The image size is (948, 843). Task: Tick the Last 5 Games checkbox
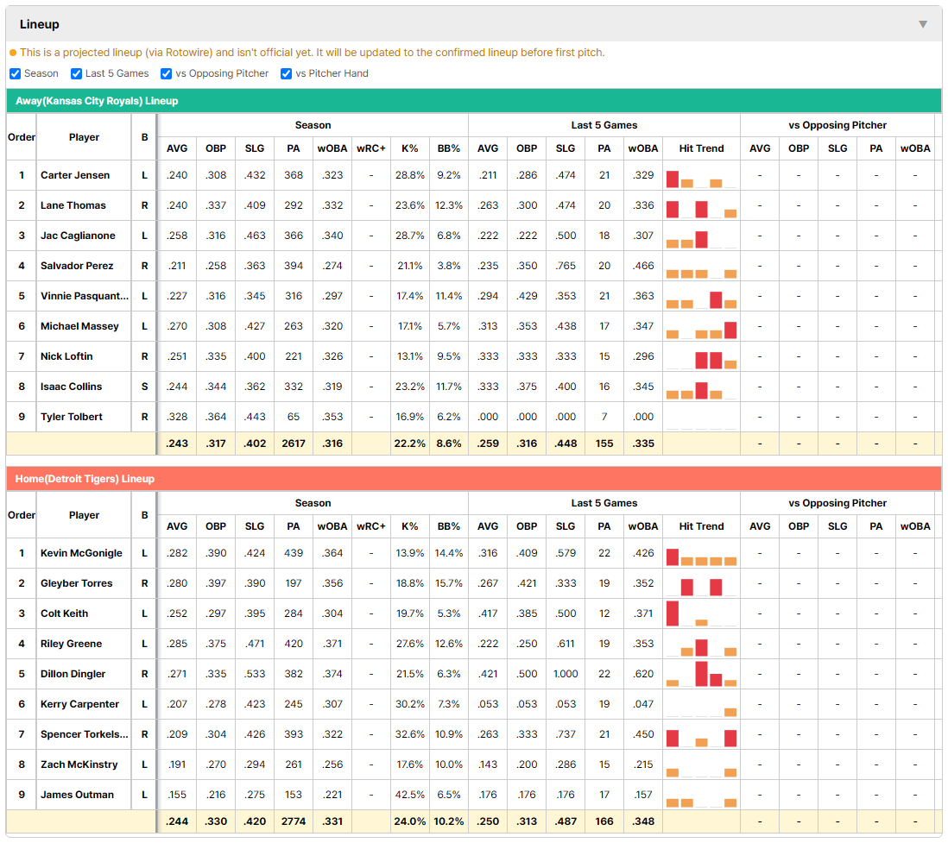76,73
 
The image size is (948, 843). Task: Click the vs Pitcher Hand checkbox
286,73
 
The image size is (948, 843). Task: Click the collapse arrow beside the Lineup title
923,24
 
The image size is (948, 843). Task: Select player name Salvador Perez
77,266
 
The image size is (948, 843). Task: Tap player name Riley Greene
72,644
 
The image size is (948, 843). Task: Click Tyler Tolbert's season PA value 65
294,417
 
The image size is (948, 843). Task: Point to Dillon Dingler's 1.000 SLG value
566,674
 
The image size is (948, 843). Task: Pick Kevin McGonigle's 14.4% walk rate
449,553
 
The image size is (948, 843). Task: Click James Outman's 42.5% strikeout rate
409,795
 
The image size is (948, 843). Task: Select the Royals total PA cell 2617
294,444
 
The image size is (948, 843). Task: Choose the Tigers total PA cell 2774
294,821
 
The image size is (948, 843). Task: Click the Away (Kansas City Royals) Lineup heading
97,101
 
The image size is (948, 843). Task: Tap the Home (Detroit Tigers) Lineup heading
85,479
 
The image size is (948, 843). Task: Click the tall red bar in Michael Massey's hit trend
730,330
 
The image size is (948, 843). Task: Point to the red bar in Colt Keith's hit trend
673,613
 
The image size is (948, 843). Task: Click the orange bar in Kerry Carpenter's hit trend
730,713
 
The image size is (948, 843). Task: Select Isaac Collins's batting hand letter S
144,387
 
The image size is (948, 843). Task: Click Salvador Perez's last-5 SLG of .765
566,266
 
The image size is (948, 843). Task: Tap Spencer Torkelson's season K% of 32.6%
409,734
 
